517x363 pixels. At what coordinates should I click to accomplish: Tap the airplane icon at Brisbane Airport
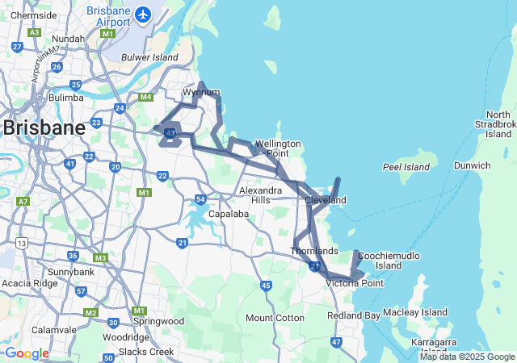[x=143, y=15]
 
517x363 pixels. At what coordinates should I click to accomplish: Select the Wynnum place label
[x=201, y=92]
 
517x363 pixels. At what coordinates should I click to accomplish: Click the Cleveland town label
[x=325, y=200]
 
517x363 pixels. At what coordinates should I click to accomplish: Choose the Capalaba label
[x=221, y=214]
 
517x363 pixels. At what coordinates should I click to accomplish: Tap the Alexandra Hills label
[x=261, y=195]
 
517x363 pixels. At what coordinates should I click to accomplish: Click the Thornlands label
[x=313, y=251]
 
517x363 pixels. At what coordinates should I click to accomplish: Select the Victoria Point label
[x=355, y=283]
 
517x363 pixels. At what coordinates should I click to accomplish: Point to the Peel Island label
[x=406, y=167]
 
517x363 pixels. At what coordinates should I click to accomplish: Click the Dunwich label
[x=472, y=165]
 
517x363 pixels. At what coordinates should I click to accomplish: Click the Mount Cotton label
[x=275, y=318]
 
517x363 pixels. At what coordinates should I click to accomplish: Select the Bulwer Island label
[x=149, y=57]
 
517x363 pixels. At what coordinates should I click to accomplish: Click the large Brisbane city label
[x=44, y=127]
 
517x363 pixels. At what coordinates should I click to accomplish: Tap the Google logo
[x=27, y=353]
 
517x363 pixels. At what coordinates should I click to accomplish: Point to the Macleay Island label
[x=415, y=312]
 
